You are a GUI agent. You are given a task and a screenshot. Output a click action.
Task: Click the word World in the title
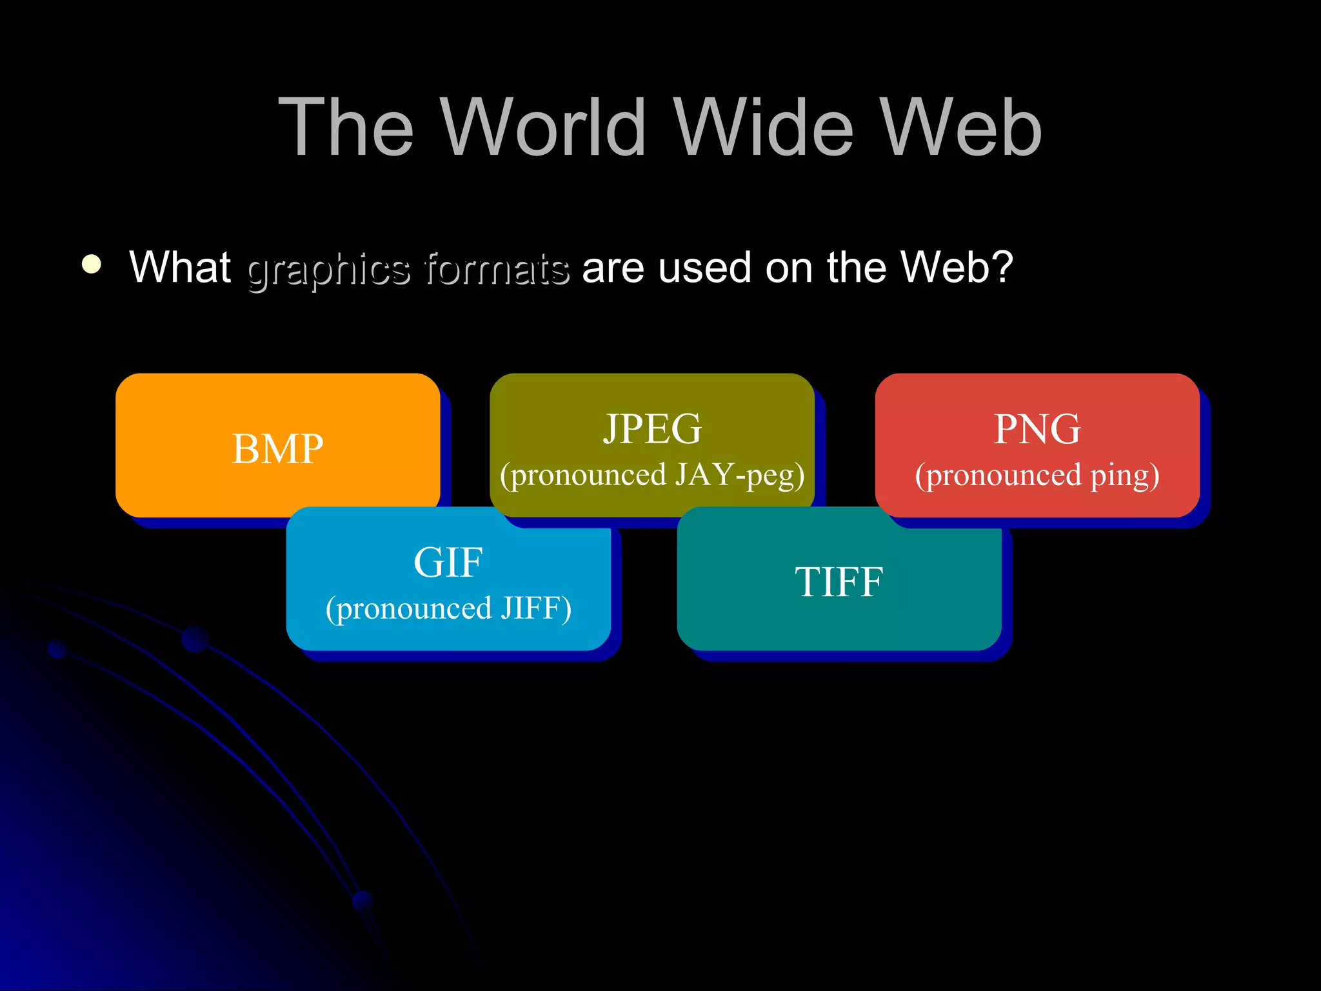(x=544, y=127)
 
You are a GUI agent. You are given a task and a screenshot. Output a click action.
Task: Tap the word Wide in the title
(x=764, y=127)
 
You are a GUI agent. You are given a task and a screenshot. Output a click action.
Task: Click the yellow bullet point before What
(x=92, y=265)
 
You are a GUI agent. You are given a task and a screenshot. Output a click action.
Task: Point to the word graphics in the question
(x=328, y=268)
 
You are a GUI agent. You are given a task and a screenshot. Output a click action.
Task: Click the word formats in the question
(x=497, y=268)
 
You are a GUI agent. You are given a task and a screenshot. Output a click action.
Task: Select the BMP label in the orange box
(x=277, y=448)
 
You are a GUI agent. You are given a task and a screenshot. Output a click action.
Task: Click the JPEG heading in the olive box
(x=652, y=428)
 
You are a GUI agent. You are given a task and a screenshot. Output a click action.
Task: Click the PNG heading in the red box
(x=1037, y=428)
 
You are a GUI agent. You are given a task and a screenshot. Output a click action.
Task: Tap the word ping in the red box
(x=1124, y=475)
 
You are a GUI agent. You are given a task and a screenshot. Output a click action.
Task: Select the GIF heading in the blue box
(x=448, y=562)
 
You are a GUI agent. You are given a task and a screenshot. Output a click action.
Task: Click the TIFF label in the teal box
(x=839, y=582)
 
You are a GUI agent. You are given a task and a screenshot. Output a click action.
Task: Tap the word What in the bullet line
(x=180, y=267)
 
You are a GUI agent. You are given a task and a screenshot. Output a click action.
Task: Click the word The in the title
(x=346, y=127)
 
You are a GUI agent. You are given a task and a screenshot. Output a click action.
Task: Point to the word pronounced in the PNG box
(x=997, y=475)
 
